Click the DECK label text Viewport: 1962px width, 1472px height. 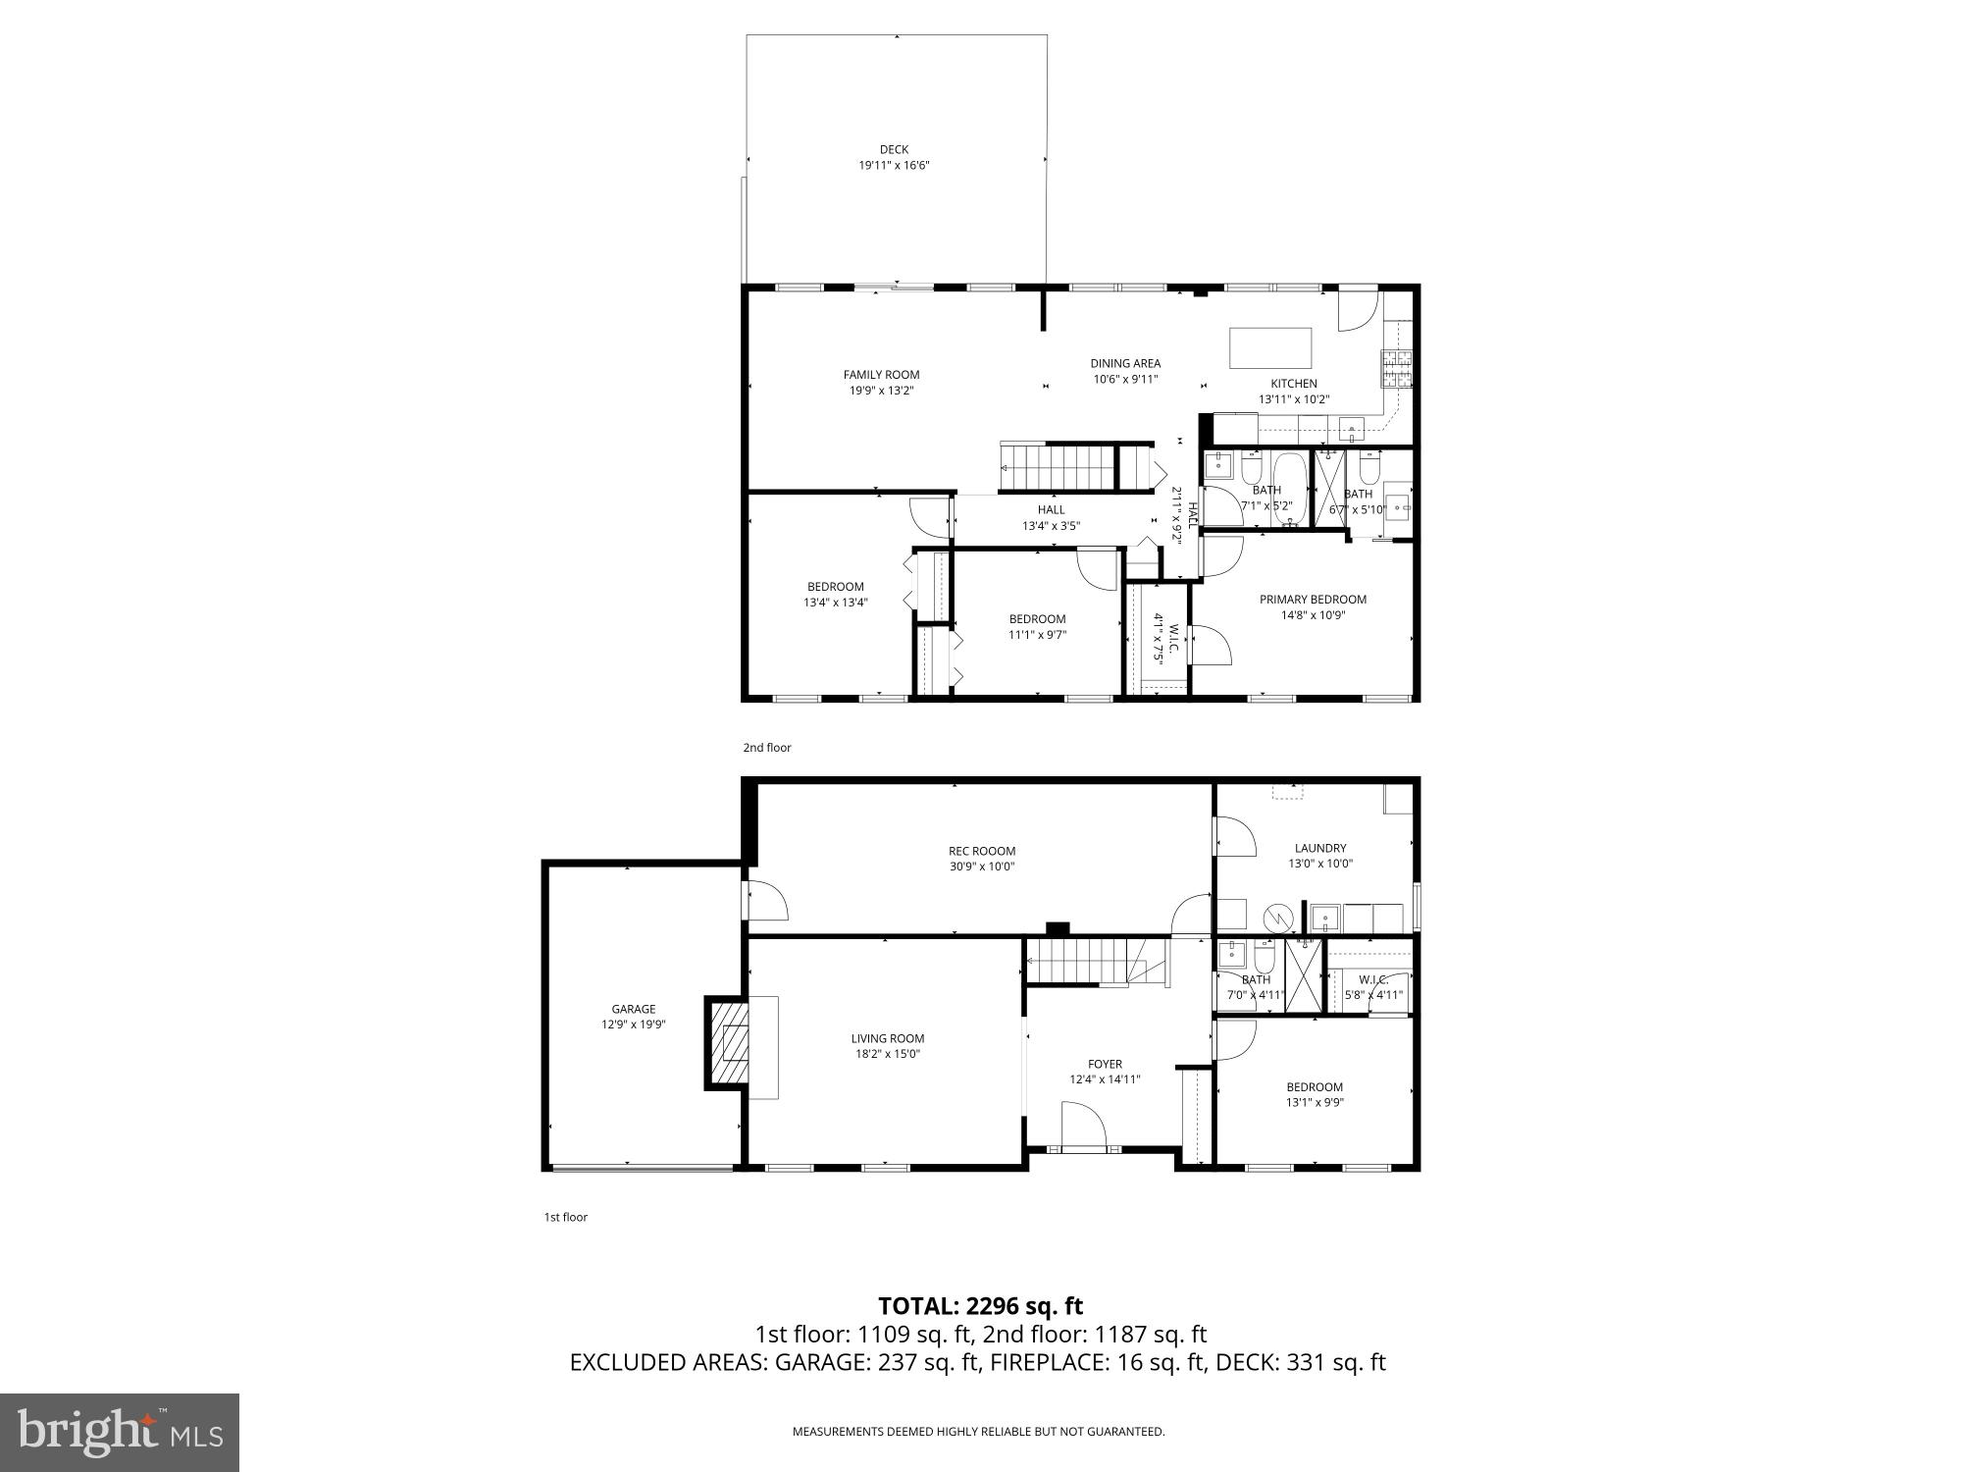point(894,150)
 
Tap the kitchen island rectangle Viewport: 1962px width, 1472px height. point(1270,347)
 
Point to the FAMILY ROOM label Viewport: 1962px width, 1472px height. point(881,375)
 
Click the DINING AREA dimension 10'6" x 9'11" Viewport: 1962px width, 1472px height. point(1125,379)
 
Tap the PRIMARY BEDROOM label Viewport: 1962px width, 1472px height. point(1313,600)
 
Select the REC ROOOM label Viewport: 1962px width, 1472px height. point(981,851)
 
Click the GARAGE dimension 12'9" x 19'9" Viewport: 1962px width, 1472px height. point(633,1025)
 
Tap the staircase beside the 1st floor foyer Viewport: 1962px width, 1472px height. point(1079,960)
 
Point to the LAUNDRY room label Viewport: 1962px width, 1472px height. point(1319,848)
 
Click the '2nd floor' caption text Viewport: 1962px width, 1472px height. point(766,748)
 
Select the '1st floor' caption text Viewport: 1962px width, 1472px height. point(565,1217)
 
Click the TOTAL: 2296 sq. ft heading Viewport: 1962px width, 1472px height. point(980,1305)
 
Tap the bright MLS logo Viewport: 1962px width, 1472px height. point(120,1432)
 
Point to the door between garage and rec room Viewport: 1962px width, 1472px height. point(766,901)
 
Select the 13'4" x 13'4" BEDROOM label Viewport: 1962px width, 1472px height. point(836,587)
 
